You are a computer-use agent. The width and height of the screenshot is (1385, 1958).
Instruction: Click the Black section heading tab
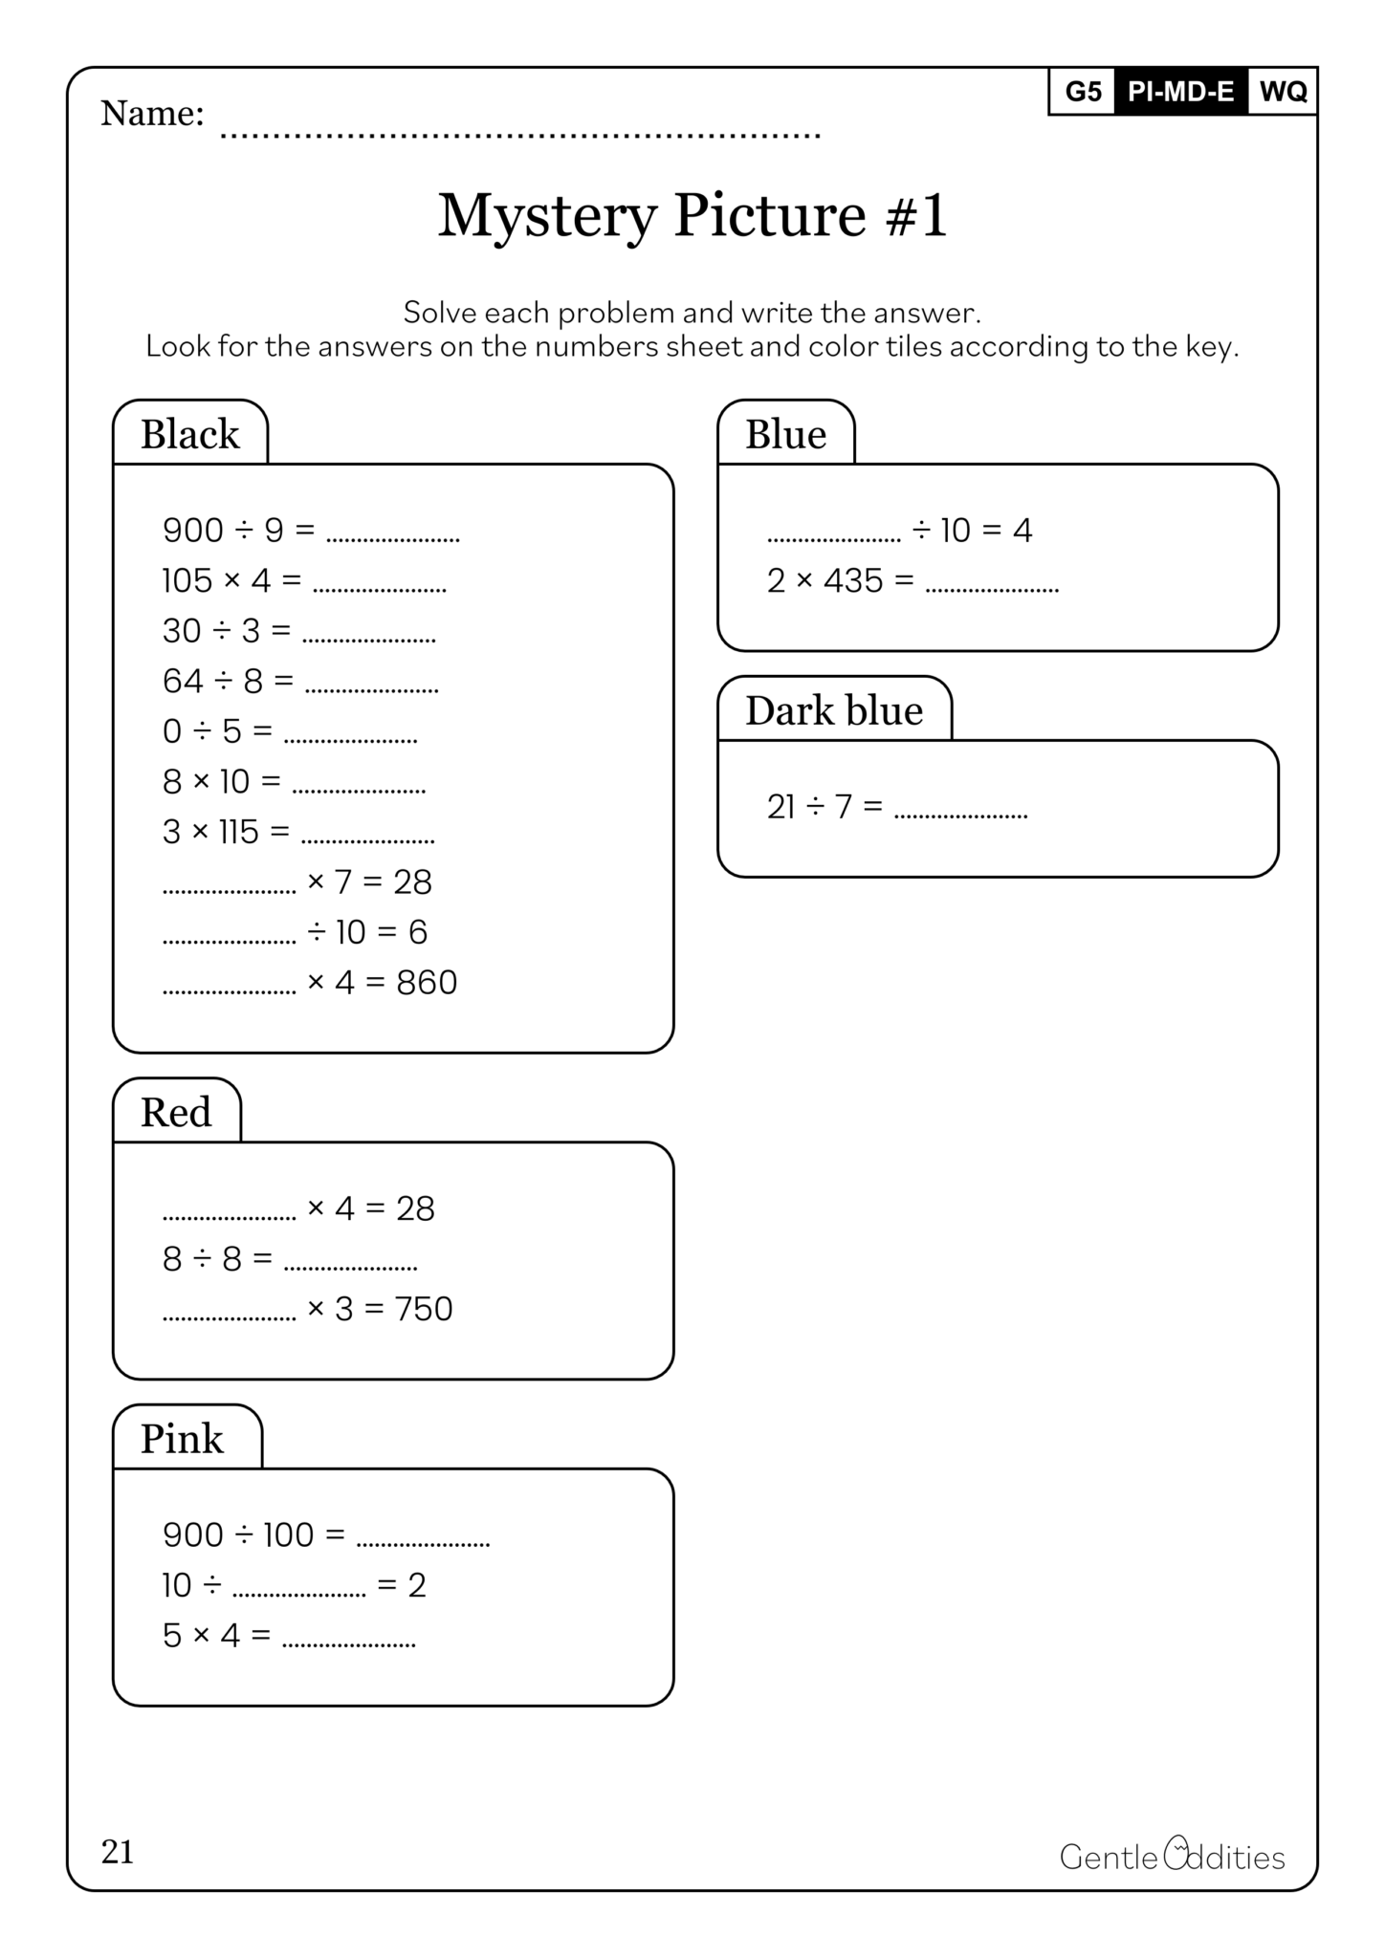pos(190,435)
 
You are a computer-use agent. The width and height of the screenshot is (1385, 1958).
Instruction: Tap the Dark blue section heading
pos(834,711)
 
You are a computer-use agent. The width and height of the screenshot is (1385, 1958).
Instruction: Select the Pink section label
pos(183,1439)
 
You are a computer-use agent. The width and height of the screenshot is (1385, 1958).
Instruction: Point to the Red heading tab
pos(176,1113)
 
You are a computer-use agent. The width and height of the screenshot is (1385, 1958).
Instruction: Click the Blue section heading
pos(785,435)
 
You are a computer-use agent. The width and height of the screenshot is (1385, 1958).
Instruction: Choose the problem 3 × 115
pos(225,832)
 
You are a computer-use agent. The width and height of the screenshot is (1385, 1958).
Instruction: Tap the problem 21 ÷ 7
pos(824,808)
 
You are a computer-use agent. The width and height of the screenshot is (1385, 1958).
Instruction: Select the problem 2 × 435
pos(839,581)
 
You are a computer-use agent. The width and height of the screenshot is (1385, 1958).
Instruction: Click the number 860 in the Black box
pos(427,983)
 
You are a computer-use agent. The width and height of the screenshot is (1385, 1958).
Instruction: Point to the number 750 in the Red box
pos(423,1309)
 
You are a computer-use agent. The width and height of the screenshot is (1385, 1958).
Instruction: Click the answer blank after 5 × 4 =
pos(349,1643)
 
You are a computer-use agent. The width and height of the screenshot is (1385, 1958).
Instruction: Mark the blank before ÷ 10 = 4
pos(833,537)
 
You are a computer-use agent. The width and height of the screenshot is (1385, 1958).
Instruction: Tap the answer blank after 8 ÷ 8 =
pos(351,1266)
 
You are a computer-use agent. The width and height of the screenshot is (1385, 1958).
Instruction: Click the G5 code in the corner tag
pos(1083,92)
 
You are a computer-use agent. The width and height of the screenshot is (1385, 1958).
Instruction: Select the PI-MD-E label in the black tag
pos(1181,92)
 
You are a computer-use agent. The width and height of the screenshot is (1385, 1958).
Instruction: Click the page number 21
pos(118,1853)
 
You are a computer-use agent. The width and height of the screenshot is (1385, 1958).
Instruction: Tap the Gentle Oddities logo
pos(1172,1856)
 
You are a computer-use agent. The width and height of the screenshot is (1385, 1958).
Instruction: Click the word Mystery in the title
pos(547,216)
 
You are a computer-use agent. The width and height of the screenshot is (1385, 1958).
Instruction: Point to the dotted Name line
pos(521,134)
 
